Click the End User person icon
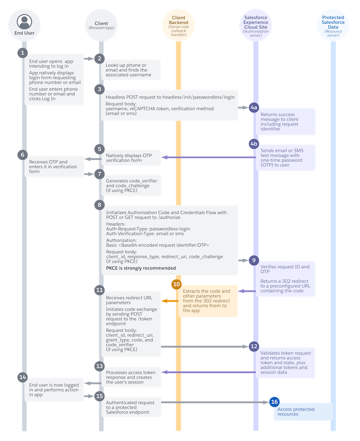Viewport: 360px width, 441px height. point(25,21)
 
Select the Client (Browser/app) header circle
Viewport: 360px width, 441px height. point(101,26)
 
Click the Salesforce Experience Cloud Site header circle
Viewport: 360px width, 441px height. point(256,26)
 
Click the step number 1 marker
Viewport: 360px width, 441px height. point(22,53)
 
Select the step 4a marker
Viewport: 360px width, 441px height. point(253,108)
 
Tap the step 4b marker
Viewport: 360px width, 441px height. point(253,143)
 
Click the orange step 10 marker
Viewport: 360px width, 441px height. point(176,284)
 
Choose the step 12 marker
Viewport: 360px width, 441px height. point(253,346)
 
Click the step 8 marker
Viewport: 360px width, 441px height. point(99,204)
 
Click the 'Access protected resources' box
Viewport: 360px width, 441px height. point(303,411)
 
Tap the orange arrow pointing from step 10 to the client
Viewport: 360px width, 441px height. point(169,301)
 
